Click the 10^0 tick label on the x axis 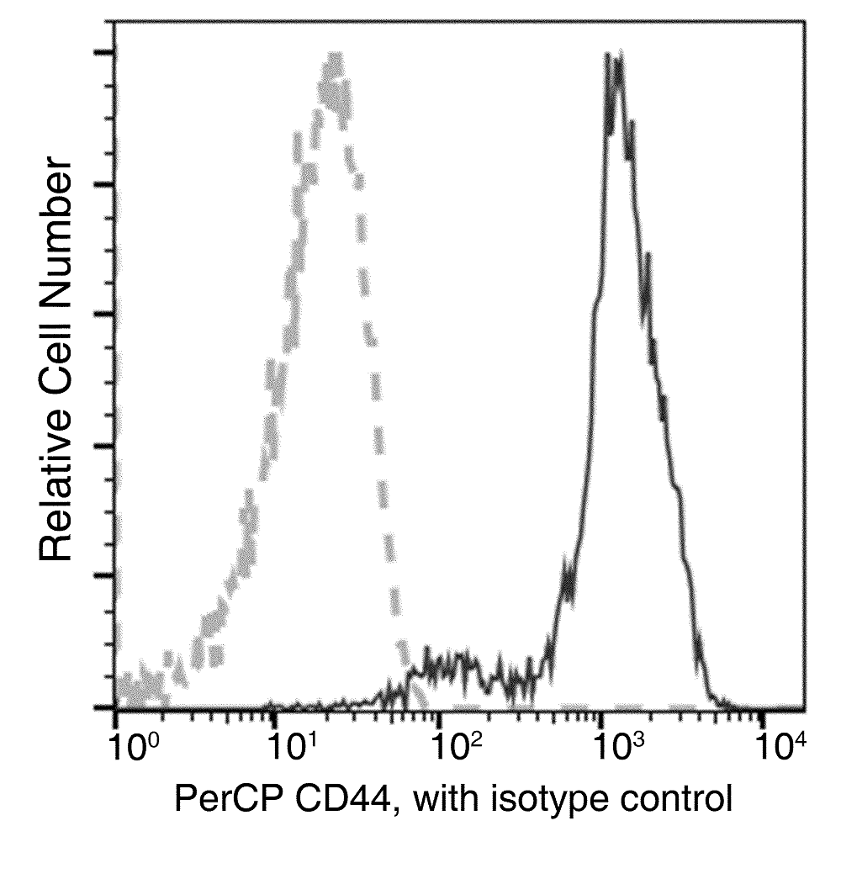pyautogui.click(x=130, y=744)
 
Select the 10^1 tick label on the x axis pyautogui.click(x=292, y=744)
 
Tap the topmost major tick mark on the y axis pyautogui.click(x=106, y=53)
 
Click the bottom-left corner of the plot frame pyautogui.click(x=115, y=708)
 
